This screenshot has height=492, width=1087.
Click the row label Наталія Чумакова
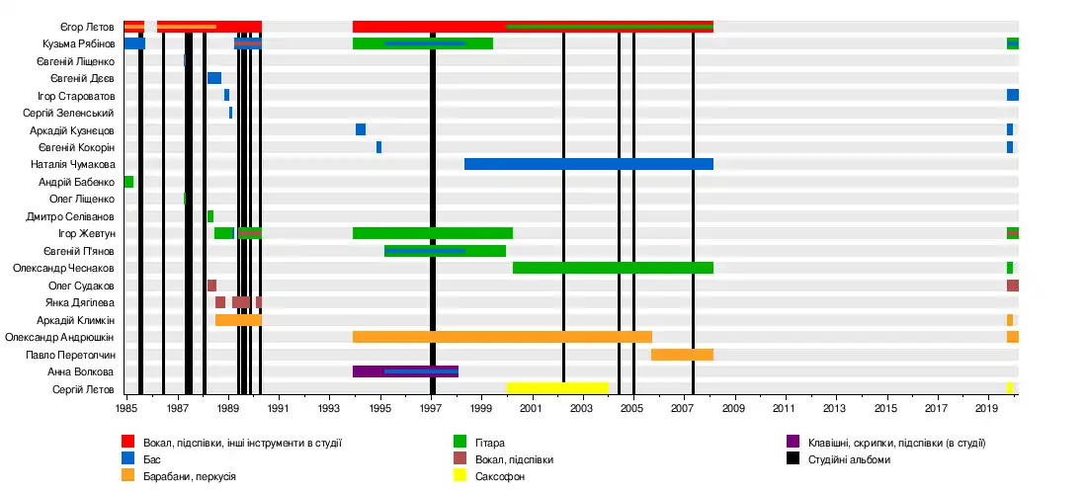pos(76,164)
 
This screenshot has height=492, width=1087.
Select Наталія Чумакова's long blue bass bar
pos(588,164)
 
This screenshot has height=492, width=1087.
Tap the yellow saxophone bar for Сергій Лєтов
pos(557,388)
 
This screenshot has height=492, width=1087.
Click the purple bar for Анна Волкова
pos(405,371)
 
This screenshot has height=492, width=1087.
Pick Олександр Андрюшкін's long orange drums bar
pos(502,337)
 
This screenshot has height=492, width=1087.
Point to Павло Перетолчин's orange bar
pos(682,355)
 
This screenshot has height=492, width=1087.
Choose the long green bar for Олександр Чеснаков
pos(613,268)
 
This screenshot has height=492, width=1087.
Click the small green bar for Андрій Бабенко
pos(128,182)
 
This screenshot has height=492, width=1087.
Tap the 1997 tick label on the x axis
pos(431,408)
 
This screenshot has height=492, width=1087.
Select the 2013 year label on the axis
pos(834,408)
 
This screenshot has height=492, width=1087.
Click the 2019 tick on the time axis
pos(985,408)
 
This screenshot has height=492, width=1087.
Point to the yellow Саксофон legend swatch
pos(460,476)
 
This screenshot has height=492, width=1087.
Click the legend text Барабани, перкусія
pos(189,476)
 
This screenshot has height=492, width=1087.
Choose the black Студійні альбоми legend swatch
pos(793,459)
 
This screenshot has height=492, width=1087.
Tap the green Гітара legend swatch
pos(460,443)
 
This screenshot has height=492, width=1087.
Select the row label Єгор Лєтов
pos(87,27)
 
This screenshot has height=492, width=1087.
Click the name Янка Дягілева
pos(80,302)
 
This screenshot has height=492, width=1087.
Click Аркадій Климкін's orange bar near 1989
pos(238,320)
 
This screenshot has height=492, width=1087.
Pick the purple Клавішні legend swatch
pos(793,443)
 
